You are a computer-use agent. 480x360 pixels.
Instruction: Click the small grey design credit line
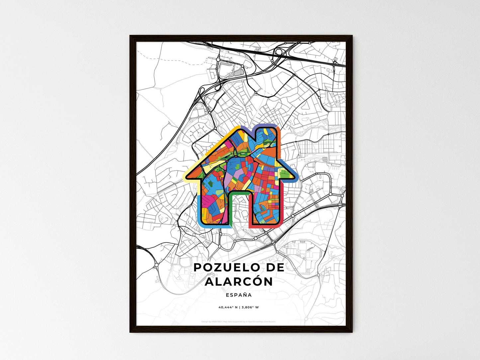coord(239,321)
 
